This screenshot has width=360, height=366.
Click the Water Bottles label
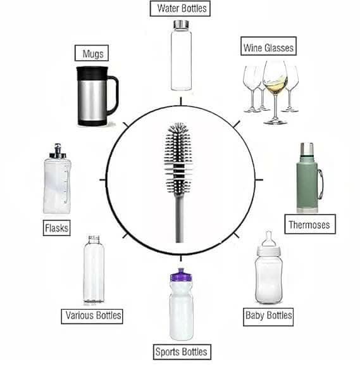tap(180, 9)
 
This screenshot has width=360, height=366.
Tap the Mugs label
tap(92, 53)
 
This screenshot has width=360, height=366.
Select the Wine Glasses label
tap(268, 47)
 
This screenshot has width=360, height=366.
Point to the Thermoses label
tap(309, 224)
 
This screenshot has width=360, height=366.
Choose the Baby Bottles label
tap(268, 315)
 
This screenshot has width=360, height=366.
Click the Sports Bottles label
tap(180, 351)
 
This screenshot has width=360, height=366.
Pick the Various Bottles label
tap(94, 315)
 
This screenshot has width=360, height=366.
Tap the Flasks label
tap(56, 227)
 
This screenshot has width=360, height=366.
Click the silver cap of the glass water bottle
tap(180, 23)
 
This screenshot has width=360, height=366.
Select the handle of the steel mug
tap(113, 95)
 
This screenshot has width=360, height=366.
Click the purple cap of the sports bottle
tap(180, 276)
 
